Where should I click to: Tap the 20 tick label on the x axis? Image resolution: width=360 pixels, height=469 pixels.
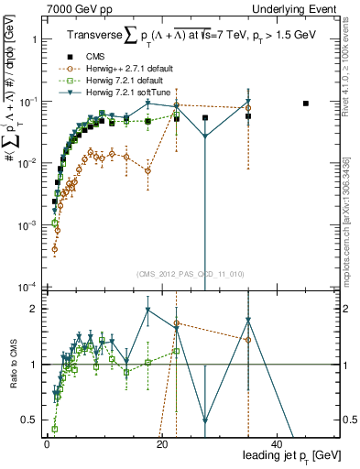[x=161, y=444]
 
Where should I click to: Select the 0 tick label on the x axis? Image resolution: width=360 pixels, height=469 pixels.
[x=47, y=444]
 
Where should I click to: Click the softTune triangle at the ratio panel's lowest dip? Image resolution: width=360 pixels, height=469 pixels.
[x=205, y=421]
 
